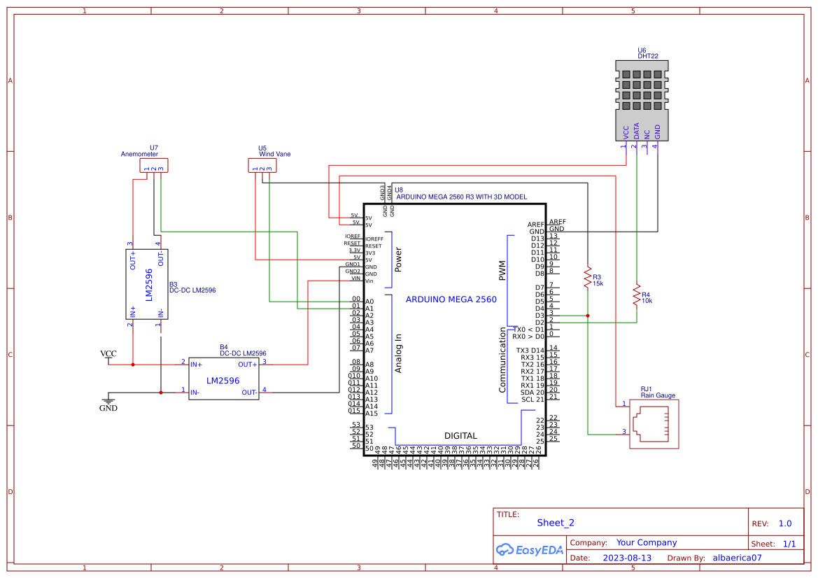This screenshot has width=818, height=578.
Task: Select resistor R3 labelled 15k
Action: [588, 278]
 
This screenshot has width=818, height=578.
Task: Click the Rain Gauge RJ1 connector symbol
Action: [653, 423]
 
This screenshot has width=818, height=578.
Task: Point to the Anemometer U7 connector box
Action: [154, 166]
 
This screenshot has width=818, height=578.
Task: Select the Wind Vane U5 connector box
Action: [262, 166]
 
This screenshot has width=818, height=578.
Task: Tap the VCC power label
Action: [108, 353]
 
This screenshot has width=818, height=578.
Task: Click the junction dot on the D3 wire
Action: [588, 316]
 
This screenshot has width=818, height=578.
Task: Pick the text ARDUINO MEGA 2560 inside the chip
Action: [451, 299]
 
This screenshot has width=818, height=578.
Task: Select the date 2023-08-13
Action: [626, 558]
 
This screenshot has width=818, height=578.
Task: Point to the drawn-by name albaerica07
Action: [736, 558]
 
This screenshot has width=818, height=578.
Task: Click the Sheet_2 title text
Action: [556, 523]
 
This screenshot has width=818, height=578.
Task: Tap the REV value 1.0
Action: [784, 523]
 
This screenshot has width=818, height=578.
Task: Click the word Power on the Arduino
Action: [398, 260]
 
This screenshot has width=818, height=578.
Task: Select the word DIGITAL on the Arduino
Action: [460, 436]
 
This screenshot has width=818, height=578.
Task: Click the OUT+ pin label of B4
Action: [248, 365]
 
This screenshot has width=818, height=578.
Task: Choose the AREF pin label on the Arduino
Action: [536, 225]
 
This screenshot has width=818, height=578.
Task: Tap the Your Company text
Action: [647, 543]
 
